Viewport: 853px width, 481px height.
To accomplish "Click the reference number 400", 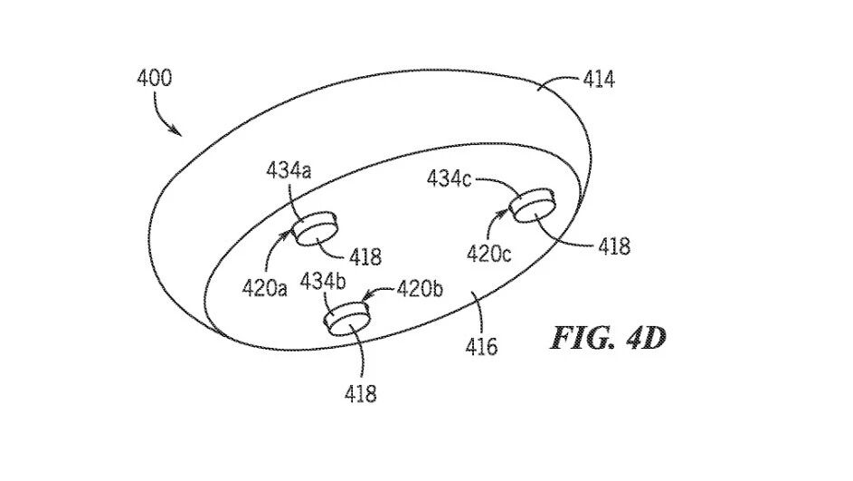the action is click(154, 78).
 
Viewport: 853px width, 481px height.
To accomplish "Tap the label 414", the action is click(599, 80).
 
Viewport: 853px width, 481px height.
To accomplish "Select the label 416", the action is click(481, 346).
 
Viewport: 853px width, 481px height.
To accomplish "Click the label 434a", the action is click(289, 170).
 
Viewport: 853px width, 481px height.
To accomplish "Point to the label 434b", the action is click(323, 282).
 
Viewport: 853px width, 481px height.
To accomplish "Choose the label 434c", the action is click(449, 178).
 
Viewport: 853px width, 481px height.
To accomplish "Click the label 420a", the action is click(264, 288).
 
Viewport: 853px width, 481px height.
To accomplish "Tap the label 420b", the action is click(420, 288).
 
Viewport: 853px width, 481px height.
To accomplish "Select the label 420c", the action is click(488, 254).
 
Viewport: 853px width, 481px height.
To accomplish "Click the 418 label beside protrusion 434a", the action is click(365, 256).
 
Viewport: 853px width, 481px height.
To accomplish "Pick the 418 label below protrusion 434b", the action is click(360, 393).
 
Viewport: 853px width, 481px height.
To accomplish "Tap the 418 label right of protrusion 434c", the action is click(614, 246).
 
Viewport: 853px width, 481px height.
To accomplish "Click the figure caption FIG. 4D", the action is click(608, 338).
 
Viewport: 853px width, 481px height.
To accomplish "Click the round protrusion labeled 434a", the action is click(316, 229).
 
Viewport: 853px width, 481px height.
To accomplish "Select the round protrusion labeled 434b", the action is click(346, 318).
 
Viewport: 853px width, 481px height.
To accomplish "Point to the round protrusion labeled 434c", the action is click(533, 206).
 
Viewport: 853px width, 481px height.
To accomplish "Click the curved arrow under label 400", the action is click(161, 115).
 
